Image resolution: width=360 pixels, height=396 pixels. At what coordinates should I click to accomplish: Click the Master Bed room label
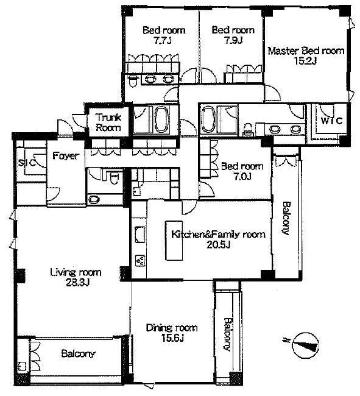point(306,51)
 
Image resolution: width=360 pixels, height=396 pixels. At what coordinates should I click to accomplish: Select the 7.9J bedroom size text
point(233,40)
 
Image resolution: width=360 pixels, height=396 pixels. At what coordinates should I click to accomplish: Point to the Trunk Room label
point(108,122)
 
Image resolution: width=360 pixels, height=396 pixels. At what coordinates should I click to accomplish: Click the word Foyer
point(66,156)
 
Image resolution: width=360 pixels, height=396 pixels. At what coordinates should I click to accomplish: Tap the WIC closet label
point(332,121)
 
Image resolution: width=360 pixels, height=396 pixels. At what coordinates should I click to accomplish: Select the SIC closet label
point(27,163)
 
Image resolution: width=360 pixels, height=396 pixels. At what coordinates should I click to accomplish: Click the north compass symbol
point(305,345)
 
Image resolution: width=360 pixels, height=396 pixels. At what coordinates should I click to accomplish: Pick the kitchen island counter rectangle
point(174,241)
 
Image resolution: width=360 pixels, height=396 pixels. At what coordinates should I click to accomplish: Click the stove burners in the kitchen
point(140,261)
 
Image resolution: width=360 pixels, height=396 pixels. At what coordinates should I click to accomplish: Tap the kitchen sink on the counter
point(139,235)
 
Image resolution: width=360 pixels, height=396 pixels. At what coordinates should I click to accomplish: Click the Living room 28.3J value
point(77,283)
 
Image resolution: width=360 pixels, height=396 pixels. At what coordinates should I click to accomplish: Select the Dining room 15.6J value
point(172,338)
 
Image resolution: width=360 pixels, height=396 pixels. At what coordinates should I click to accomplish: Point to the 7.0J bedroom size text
point(242,176)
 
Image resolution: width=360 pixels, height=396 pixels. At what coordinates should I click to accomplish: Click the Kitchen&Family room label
point(218,234)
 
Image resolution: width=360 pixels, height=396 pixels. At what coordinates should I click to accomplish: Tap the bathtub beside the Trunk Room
point(161,119)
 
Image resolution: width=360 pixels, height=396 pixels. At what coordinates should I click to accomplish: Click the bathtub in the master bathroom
point(209,119)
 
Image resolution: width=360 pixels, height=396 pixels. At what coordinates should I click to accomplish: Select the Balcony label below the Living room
point(78,353)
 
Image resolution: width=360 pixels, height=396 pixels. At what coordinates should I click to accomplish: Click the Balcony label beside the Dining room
point(227,334)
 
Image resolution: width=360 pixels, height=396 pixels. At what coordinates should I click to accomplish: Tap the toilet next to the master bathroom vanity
point(247,129)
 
